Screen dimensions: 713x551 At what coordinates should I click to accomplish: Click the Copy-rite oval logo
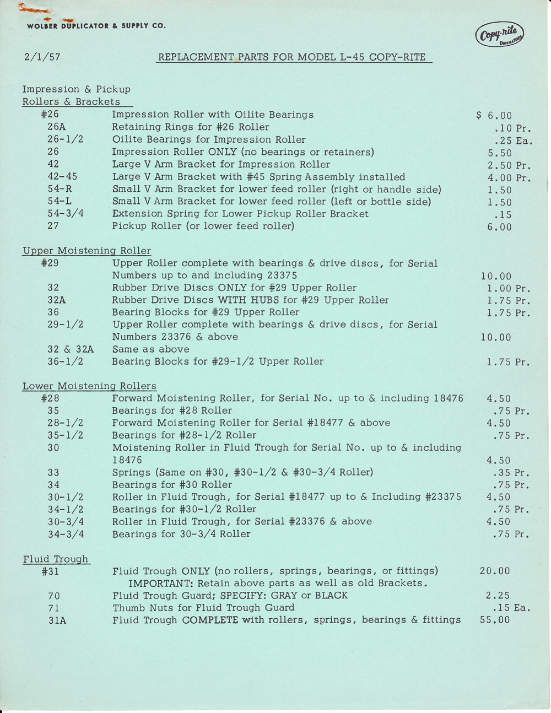[499, 35]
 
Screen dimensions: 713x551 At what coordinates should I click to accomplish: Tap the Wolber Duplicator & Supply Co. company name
[96, 26]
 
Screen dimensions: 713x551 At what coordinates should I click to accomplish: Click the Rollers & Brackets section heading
[71, 102]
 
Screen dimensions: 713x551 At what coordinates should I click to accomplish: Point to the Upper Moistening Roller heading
[87, 251]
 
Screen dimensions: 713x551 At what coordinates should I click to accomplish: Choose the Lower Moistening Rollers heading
[89, 386]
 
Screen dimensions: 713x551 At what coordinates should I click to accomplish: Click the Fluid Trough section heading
[56, 559]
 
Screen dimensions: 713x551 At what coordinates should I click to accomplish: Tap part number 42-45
[62, 176]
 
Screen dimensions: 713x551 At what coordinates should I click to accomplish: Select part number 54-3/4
[65, 213]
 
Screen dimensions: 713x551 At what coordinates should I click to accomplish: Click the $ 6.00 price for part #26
[494, 116]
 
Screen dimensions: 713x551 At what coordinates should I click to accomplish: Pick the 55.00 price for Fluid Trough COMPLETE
[495, 620]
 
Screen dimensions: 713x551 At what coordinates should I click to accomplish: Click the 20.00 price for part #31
[495, 571]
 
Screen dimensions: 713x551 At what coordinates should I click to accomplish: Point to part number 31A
[57, 620]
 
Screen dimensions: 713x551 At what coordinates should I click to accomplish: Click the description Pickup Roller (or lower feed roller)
[203, 226]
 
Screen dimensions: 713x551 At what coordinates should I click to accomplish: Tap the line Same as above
[150, 349]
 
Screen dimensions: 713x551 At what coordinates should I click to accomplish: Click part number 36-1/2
[65, 361]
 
